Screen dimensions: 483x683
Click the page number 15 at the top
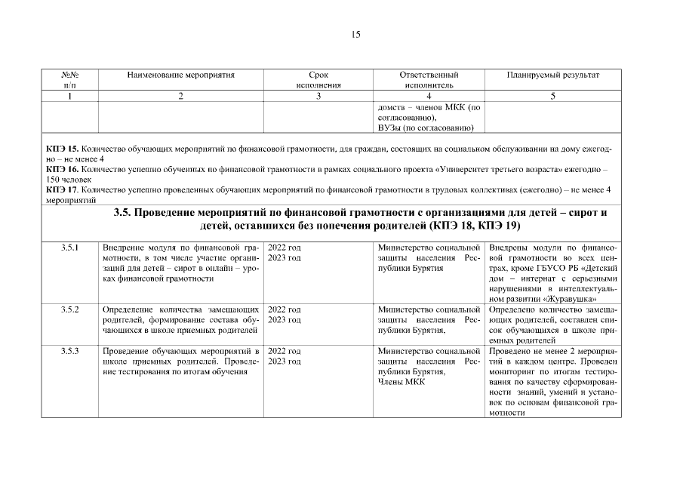point(356,35)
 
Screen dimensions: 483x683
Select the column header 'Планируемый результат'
point(553,75)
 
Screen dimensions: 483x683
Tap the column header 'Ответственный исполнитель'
point(428,80)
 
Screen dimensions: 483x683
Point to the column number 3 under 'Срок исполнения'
point(318,96)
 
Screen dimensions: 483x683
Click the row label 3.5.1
point(69,248)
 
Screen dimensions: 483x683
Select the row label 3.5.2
point(69,310)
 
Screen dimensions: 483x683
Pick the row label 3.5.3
point(69,351)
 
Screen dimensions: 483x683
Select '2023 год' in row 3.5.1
point(285,258)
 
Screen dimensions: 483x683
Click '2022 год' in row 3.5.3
point(285,351)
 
